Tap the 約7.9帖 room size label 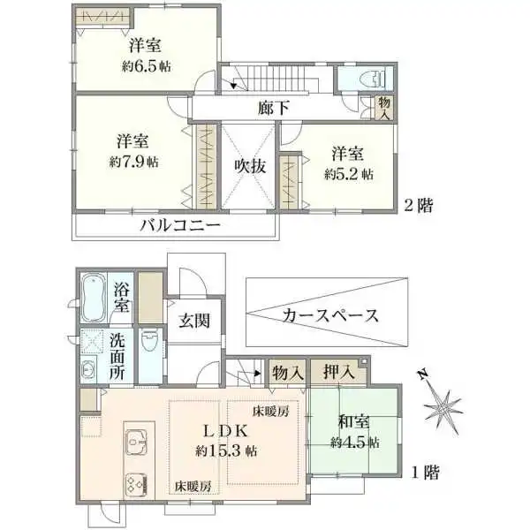pyautogui.click(x=135, y=162)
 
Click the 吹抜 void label pyautogui.click(x=250, y=164)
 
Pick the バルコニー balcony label pyautogui.click(x=179, y=225)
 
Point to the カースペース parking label pyautogui.click(x=330, y=315)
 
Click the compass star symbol pyautogui.click(x=442, y=407)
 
